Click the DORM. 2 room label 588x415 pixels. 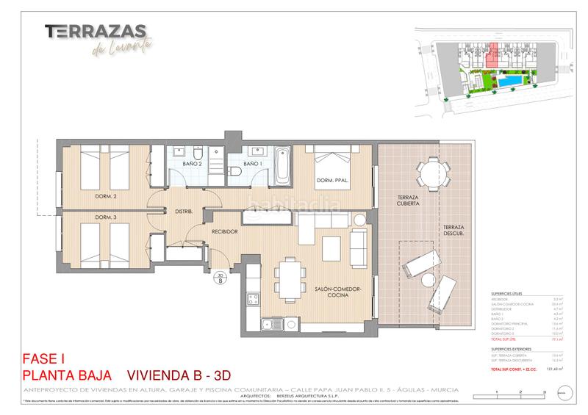click(106, 197)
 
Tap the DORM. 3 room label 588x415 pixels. click(106, 217)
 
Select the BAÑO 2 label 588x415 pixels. click(193, 164)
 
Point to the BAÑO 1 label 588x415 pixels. click(252, 164)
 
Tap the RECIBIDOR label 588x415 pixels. click(224, 232)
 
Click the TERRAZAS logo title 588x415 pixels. click(96, 32)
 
